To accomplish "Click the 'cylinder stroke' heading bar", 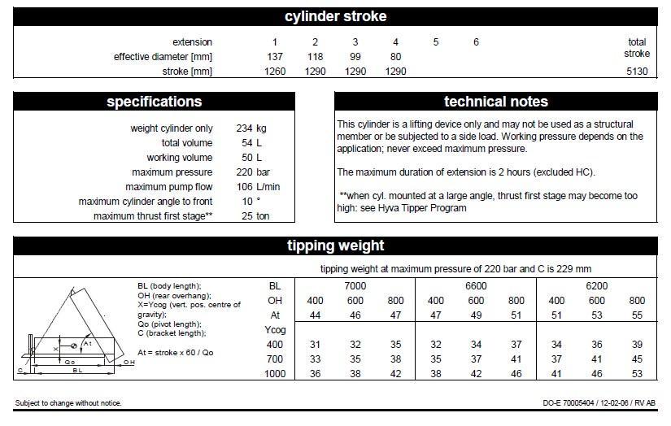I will pos(335,16).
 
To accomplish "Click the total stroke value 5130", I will pos(636,71).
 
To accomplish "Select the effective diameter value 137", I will pos(275,57).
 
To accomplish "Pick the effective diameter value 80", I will pos(395,57).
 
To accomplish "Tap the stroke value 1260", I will pos(275,72).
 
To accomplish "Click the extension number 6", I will pos(476,42).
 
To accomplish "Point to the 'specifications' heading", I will pos(155,102).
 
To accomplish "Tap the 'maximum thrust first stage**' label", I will pos(153,216).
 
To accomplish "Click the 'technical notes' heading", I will pos(496,102).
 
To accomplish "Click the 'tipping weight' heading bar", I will pos(335,246).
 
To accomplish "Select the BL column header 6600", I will pos(476,286).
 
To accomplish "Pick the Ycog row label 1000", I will pos(274,374).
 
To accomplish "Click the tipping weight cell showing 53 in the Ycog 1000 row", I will pos(637,374).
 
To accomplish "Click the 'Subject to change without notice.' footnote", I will pos(68,403).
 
